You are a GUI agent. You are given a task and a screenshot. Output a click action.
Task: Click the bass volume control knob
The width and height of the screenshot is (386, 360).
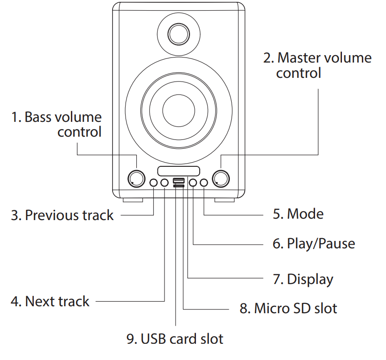tap(136, 178)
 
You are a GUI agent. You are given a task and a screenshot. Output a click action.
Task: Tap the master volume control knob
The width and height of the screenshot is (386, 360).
tap(221, 178)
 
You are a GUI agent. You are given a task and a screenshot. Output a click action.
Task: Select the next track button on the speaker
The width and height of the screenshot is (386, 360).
tap(165, 183)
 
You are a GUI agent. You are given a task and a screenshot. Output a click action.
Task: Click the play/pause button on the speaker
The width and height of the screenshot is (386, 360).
tap(193, 183)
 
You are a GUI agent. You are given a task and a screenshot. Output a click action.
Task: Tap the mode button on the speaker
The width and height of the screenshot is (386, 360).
tap(204, 183)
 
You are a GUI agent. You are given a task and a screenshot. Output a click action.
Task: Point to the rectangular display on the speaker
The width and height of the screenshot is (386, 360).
tap(178, 171)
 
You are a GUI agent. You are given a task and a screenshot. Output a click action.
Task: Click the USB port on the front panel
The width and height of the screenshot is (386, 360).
tap(178, 181)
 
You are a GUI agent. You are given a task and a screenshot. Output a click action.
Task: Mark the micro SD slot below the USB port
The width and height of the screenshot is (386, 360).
tap(178, 186)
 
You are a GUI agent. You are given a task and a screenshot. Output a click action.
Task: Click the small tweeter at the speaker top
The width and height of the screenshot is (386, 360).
tap(178, 34)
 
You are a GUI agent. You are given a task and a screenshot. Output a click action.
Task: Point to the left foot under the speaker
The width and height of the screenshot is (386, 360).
tap(133, 200)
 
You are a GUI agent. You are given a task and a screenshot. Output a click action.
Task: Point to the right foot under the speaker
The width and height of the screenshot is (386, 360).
tap(225, 200)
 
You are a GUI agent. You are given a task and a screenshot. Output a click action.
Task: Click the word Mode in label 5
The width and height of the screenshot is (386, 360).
tap(305, 214)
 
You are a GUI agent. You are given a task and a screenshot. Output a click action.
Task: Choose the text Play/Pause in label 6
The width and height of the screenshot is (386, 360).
tap(321, 244)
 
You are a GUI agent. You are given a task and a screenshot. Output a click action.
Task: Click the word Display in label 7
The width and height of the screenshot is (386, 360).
tap(310, 279)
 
